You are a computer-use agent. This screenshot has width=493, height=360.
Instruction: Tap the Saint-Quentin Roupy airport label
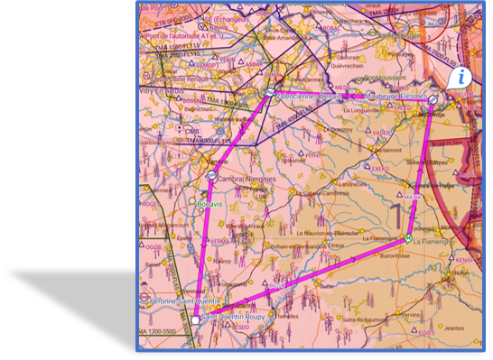click(234, 317)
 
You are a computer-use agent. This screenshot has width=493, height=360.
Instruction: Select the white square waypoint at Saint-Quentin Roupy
click(195, 319)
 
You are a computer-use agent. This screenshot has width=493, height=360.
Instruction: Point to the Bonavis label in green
click(209, 204)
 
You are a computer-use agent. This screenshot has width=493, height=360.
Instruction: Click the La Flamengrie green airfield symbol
click(408, 238)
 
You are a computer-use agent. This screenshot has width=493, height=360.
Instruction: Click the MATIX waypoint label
click(412, 196)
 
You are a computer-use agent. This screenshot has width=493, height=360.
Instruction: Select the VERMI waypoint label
click(219, 242)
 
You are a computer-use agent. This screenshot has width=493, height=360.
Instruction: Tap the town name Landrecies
click(353, 183)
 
